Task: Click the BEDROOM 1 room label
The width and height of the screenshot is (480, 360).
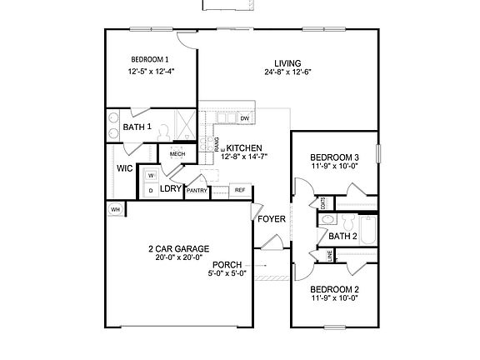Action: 150,59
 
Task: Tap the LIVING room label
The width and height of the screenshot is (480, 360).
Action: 287,62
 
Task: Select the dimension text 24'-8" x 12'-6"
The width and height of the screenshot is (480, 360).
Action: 287,72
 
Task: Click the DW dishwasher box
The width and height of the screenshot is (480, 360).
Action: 245,119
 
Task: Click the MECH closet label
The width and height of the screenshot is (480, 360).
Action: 177,154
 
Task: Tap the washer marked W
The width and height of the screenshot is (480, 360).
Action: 150,176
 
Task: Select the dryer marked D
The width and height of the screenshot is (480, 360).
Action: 150,190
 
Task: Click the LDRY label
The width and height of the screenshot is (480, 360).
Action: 171,189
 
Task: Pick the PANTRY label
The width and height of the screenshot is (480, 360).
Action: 197,191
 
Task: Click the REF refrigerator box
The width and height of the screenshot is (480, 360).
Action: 239,190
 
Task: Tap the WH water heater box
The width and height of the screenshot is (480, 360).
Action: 116,209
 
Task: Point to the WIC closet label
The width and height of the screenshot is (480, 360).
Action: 125,168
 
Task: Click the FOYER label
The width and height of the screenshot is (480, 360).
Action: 271,220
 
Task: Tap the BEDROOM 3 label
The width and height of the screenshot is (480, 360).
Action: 334,157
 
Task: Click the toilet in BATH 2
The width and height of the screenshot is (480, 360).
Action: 328,221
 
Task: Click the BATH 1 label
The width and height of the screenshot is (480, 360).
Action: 137,127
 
